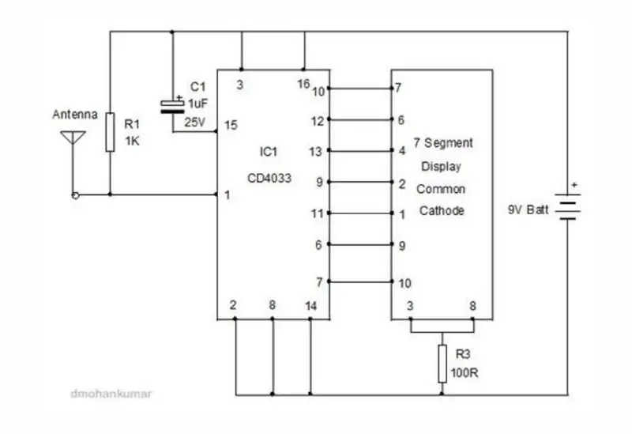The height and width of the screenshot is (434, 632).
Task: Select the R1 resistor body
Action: click(x=110, y=132)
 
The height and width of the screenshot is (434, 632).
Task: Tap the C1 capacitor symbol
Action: click(x=172, y=106)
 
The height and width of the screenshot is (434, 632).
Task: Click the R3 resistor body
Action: click(x=442, y=364)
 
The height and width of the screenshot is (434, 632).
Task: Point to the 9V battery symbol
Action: click(x=567, y=206)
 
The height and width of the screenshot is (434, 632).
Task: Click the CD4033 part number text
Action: click(x=269, y=178)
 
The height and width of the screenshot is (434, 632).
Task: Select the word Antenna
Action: click(x=75, y=115)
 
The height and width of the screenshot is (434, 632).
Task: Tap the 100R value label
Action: click(x=465, y=372)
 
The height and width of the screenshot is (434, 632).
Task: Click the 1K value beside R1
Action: click(x=132, y=142)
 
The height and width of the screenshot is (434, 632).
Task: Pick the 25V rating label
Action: click(x=195, y=123)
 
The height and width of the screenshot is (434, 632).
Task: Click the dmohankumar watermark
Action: click(x=111, y=394)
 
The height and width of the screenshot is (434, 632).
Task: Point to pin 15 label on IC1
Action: click(x=231, y=125)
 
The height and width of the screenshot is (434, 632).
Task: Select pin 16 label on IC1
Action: click(x=303, y=84)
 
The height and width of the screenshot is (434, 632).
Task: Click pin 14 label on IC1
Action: click(x=310, y=306)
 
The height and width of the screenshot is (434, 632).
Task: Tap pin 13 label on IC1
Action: click(x=315, y=152)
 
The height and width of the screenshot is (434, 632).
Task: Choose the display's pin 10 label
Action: click(x=404, y=283)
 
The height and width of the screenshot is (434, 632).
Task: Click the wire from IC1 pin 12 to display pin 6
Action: click(x=361, y=119)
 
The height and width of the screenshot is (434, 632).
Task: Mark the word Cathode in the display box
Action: click(x=442, y=210)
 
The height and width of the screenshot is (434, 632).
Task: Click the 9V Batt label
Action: click(x=528, y=209)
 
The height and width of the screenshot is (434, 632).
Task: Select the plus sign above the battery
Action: click(x=574, y=185)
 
